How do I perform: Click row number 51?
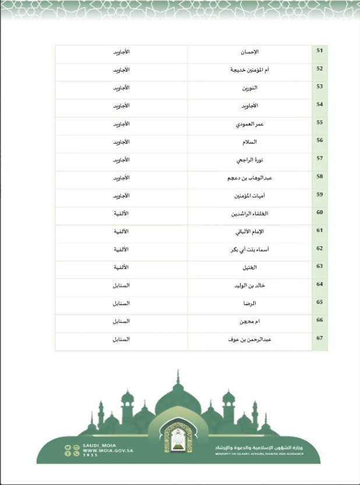(319, 51)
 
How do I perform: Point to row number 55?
(319, 123)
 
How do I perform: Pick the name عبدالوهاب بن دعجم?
(249, 178)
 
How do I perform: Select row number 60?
(319, 213)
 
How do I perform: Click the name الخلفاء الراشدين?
(250, 214)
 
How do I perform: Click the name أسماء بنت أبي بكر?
(249, 250)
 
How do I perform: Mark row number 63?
(319, 267)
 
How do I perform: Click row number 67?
(319, 339)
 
